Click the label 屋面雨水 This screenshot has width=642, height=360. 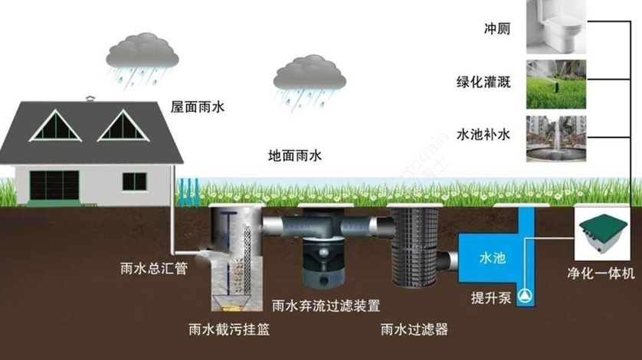coord(197,108)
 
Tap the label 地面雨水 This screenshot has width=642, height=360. coord(295,155)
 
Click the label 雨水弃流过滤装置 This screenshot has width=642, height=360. coord(326,306)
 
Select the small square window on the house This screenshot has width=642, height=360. coord(134,182)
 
